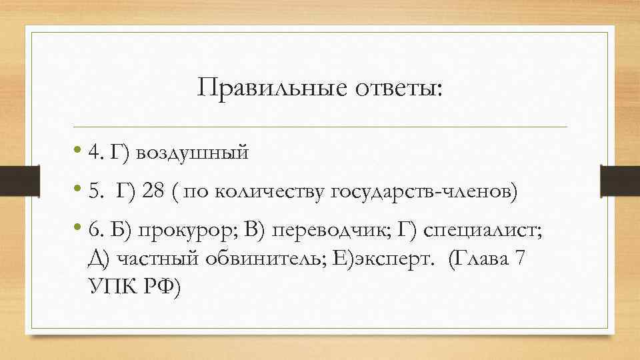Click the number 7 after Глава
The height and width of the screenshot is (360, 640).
tap(521, 259)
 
